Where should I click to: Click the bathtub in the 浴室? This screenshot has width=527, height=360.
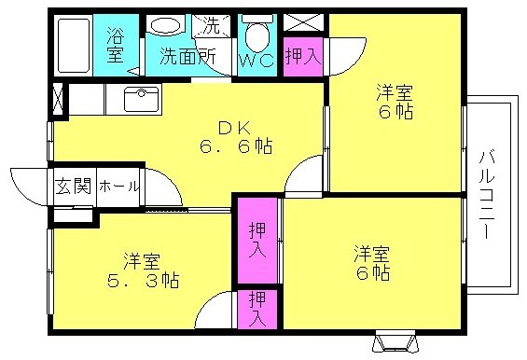point(74,45)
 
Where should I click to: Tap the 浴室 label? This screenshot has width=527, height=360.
point(116,46)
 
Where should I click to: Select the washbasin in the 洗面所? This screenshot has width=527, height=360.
point(165,24)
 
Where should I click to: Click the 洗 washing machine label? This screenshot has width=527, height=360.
point(211,25)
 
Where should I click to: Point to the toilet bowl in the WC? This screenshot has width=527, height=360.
point(257,34)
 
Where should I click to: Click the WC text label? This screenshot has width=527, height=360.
point(257,61)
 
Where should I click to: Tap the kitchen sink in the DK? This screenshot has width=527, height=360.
point(142,99)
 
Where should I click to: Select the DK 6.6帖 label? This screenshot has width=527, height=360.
point(236,137)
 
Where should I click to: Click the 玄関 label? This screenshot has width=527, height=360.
point(73,186)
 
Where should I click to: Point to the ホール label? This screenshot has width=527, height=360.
point(118,187)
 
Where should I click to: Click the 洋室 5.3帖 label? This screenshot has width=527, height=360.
point(143,270)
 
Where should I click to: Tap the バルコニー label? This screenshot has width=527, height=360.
point(487,195)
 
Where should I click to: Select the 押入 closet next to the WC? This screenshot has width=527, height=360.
point(303,56)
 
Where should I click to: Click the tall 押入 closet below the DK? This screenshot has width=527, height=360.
point(257,241)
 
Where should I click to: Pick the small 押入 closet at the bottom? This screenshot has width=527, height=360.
point(257,310)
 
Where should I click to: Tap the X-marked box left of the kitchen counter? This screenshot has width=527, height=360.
point(58,99)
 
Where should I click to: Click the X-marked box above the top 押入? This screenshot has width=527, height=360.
point(303,22)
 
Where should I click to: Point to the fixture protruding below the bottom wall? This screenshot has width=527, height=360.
point(395,341)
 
